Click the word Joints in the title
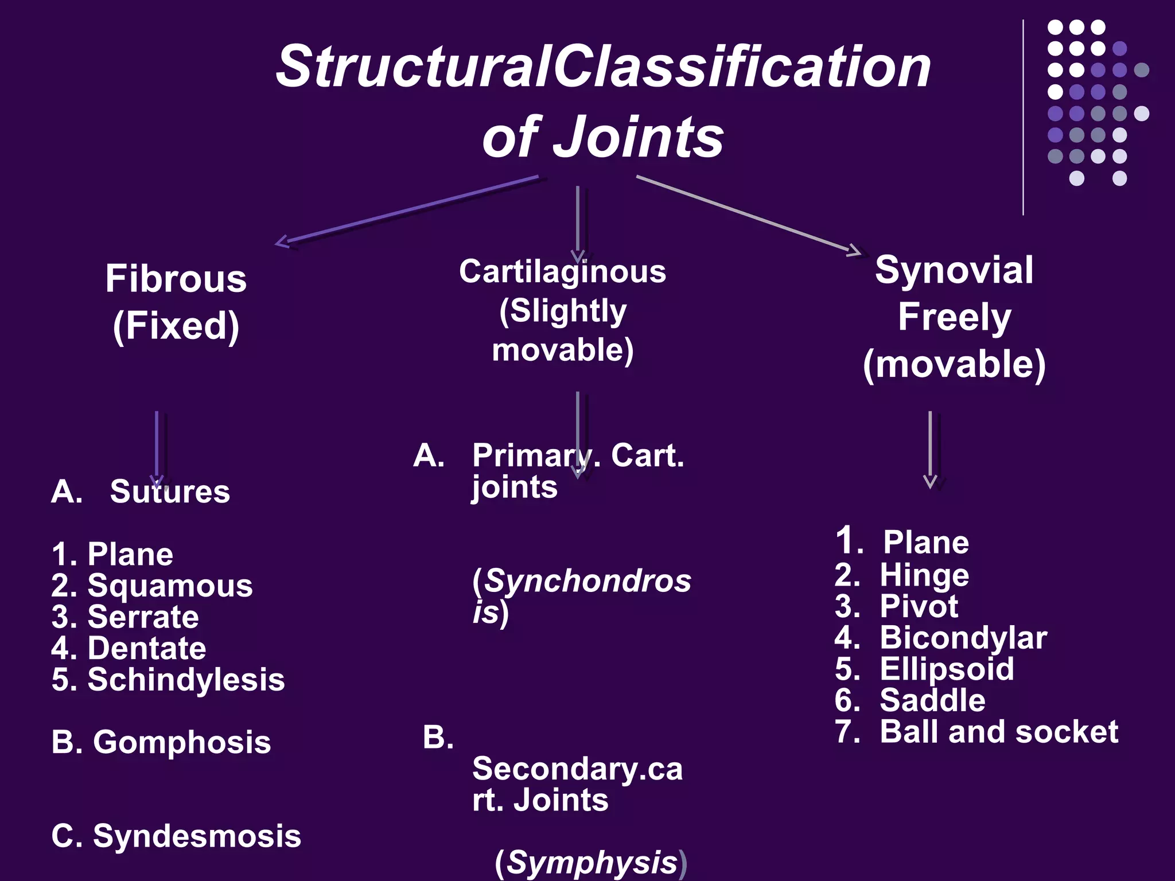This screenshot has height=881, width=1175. click(638, 138)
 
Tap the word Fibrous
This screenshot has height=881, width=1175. click(176, 279)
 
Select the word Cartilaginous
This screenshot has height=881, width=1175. click(562, 271)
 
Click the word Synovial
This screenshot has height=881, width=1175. click(954, 270)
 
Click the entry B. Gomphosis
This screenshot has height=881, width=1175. click(161, 742)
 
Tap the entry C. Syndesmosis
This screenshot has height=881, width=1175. click(176, 836)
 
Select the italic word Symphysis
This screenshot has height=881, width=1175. click(592, 863)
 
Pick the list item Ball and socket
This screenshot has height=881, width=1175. click(998, 732)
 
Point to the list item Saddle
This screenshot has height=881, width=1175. click(932, 700)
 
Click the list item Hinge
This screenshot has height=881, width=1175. click(924, 575)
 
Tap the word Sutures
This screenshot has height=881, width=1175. click(170, 492)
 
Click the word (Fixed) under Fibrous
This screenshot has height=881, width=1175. click(176, 326)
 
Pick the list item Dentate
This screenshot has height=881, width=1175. click(146, 649)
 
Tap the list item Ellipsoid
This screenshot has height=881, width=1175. click(947, 669)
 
